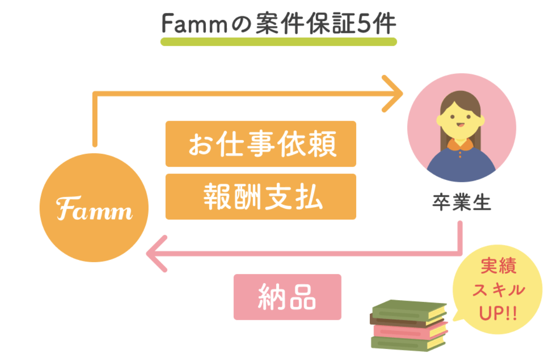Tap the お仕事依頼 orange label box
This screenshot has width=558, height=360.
point(260,143)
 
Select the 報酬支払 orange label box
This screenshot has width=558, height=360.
point(260,196)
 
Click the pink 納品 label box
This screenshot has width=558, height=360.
point(287,296)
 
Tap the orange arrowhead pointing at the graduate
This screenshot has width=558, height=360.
point(394,94)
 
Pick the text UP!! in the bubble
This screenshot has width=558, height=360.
point(498,314)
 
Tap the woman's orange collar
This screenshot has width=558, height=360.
point(461,145)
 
